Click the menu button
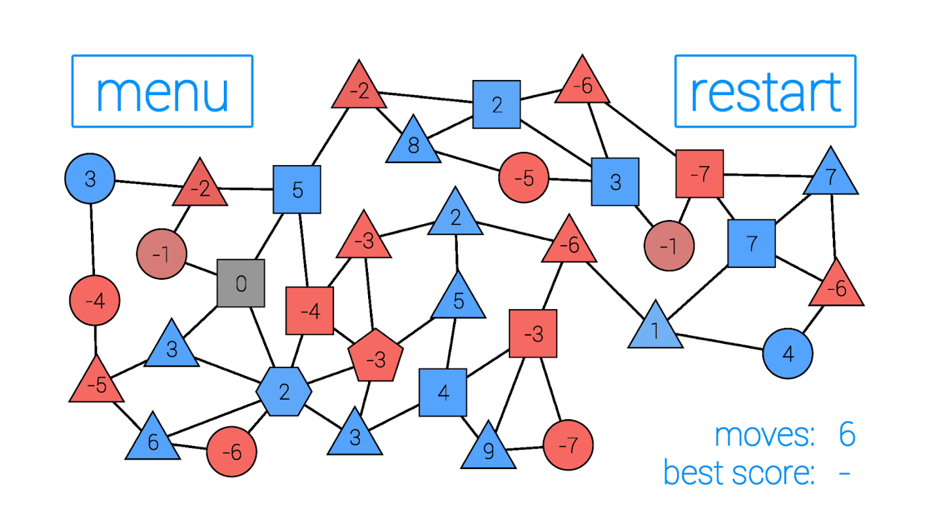pos(162,91)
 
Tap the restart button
pos(765,91)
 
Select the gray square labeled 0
pos(241,284)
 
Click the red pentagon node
pos(375,358)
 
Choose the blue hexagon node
pos(284,392)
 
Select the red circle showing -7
pos(568,445)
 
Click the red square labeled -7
pos(699,174)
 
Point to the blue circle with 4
pos(787,354)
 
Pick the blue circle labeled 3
pos(90,179)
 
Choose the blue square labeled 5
pos(297,190)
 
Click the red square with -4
pos(310,311)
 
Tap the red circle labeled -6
pos(231,451)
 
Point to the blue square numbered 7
pos(751,244)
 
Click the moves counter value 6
pos(847,435)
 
